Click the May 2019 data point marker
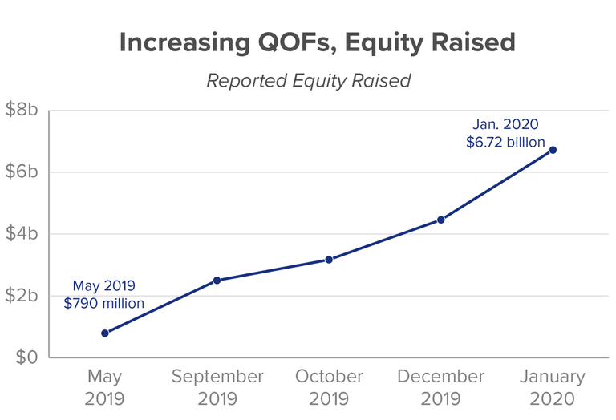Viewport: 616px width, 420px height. [x=105, y=333]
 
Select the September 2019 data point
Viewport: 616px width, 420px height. [x=217, y=281]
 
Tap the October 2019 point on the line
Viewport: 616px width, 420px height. [x=329, y=260]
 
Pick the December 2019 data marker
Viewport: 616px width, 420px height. [x=441, y=220]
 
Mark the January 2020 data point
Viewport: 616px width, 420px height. [x=553, y=150]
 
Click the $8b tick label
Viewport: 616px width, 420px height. [x=22, y=109]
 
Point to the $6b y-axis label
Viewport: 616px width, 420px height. [x=22, y=172]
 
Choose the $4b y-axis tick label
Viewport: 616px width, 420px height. [x=22, y=233]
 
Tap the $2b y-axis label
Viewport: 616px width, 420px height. [x=22, y=295]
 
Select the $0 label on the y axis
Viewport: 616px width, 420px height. [x=26, y=357]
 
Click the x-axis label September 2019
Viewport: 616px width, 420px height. [x=217, y=387]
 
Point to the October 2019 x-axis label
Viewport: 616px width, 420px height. [x=329, y=387]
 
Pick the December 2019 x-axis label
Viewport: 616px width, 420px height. [x=441, y=387]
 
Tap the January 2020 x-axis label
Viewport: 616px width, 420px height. [x=553, y=387]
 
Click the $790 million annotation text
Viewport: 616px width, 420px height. [x=104, y=304]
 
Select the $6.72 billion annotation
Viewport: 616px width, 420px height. [x=505, y=142]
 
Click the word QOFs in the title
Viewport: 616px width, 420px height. [x=297, y=42]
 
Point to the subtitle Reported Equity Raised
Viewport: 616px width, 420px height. [x=309, y=81]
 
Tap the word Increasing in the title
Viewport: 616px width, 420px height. [x=184, y=43]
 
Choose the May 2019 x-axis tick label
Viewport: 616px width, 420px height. [x=104, y=387]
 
